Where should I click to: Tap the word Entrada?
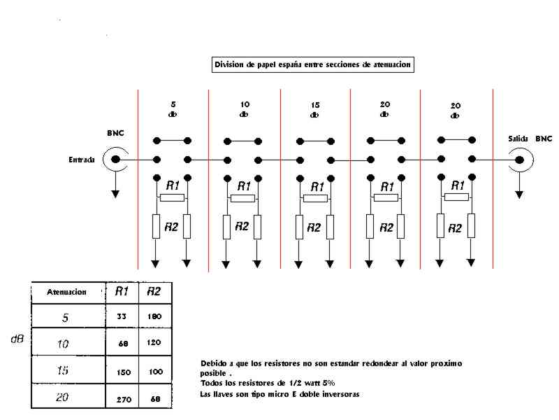tap(82, 160)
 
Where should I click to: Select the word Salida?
tap(518, 139)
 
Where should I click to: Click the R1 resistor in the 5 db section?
tap(172, 197)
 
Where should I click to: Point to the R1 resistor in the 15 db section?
tap(316, 198)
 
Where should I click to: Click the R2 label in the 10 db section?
tap(242, 226)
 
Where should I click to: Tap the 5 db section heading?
tap(173, 109)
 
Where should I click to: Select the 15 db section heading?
tap(315, 110)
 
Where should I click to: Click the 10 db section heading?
tap(245, 109)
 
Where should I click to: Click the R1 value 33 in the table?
tap(122, 316)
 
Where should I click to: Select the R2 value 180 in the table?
tap(154, 316)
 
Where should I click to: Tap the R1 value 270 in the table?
tap(124, 400)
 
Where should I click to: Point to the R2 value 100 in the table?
tap(156, 372)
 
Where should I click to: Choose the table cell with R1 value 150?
tap(122, 370)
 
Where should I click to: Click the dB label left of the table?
tap(17, 339)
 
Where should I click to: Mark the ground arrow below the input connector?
tap(115, 185)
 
